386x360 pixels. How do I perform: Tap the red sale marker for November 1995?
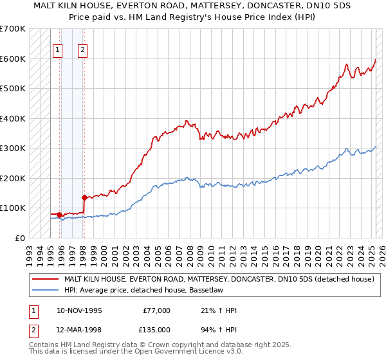click(x=60, y=215)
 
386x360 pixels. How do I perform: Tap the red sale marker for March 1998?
click(x=84, y=197)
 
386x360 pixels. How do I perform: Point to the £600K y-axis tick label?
click(x=12, y=59)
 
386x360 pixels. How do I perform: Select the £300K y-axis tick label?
click(x=12, y=148)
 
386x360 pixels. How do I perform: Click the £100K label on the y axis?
click(x=12, y=208)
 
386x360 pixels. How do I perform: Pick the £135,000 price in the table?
click(x=157, y=329)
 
